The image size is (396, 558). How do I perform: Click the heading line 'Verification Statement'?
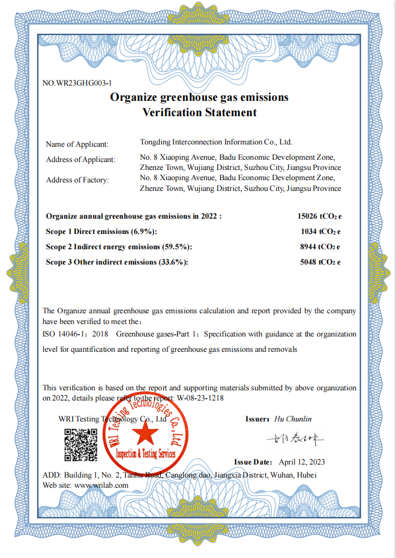[x=199, y=112]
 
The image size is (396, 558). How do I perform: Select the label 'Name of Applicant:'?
[x=77, y=144]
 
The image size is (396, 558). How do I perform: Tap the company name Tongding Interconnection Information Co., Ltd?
[x=216, y=142]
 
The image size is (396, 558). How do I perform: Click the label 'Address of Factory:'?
[x=78, y=180]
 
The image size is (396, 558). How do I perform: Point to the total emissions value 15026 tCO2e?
[x=320, y=216]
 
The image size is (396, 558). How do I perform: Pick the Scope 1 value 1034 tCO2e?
[x=321, y=231]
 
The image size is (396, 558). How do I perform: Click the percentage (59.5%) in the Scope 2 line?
[x=177, y=247]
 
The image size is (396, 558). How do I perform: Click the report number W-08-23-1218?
[x=201, y=398]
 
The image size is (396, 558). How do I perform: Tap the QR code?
[x=80, y=445]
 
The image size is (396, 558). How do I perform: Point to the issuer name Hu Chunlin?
[x=293, y=419]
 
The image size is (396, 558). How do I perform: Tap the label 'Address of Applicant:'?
[x=80, y=160]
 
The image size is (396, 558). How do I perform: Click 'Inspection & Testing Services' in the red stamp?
[x=146, y=454]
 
